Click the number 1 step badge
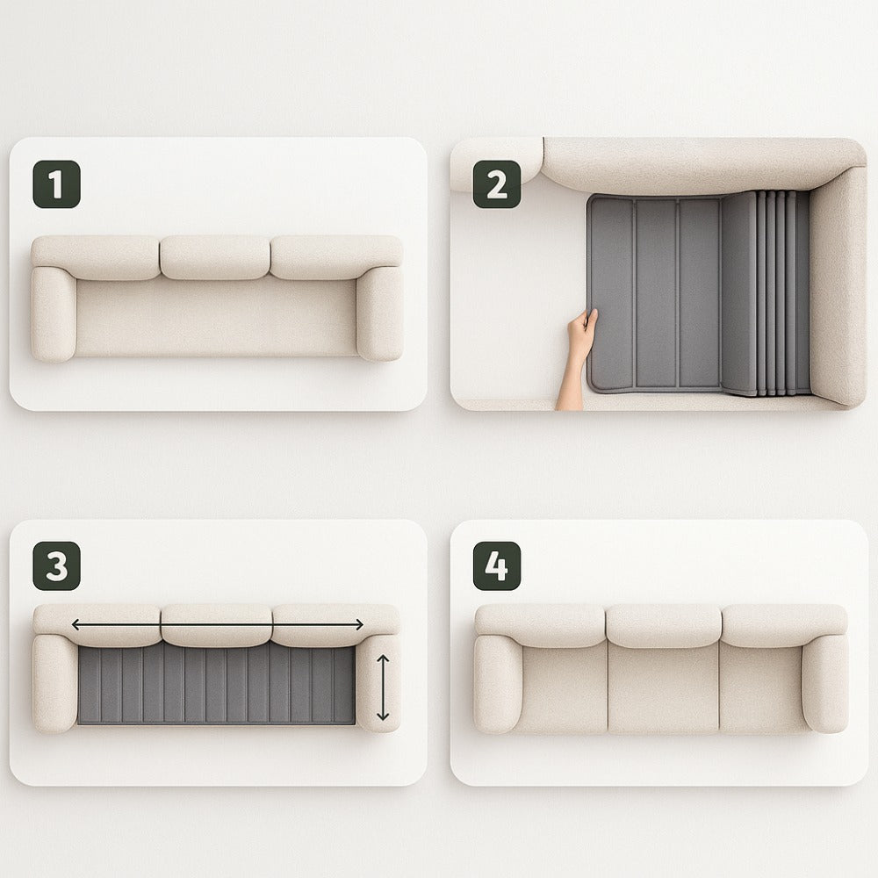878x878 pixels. [x=56, y=184]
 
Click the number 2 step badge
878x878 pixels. [x=497, y=184]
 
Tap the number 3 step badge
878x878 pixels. [x=56, y=565]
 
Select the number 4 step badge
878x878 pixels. [x=497, y=565]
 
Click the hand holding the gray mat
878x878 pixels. [x=577, y=358]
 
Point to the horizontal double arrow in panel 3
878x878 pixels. [x=218, y=624]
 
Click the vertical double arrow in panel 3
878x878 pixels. [x=383, y=687]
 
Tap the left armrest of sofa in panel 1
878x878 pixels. [x=54, y=313]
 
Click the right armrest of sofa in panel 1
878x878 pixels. [x=379, y=313]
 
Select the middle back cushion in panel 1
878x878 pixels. [x=215, y=257]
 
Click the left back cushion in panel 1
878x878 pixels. [x=95, y=257]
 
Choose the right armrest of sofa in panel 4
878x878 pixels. [x=824, y=683]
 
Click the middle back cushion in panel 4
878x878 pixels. [x=664, y=625]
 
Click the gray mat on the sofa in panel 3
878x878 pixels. [x=216, y=685]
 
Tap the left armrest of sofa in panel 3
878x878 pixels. [x=54, y=683]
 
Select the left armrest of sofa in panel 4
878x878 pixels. [x=498, y=683]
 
